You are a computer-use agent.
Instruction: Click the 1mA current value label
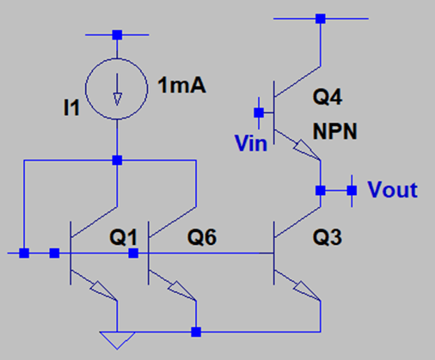pyautogui.click(x=181, y=85)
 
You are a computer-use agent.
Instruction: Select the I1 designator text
pyautogui.click(x=71, y=107)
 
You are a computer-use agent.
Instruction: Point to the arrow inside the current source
pyautogui.click(x=117, y=89)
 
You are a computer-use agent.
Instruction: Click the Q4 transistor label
pyautogui.click(x=328, y=97)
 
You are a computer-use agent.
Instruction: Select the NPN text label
pyautogui.click(x=334, y=131)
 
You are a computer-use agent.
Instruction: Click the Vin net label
pyautogui.click(x=251, y=143)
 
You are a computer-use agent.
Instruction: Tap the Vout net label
pyautogui.click(x=392, y=190)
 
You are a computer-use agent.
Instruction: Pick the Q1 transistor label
pyautogui.click(x=124, y=237)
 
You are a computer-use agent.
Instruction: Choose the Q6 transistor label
pyautogui.click(x=202, y=237)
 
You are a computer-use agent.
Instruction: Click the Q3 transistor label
pyautogui.click(x=328, y=237)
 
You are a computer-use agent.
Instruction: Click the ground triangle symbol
pyautogui.click(x=117, y=340)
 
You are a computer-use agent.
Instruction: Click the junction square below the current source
pyautogui.click(x=117, y=160)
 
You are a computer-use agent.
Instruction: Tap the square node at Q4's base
pyautogui.click(x=259, y=113)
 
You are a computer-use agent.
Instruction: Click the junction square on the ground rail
pyautogui.click(x=196, y=332)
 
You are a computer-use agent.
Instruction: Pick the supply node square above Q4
pyautogui.click(x=321, y=19)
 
